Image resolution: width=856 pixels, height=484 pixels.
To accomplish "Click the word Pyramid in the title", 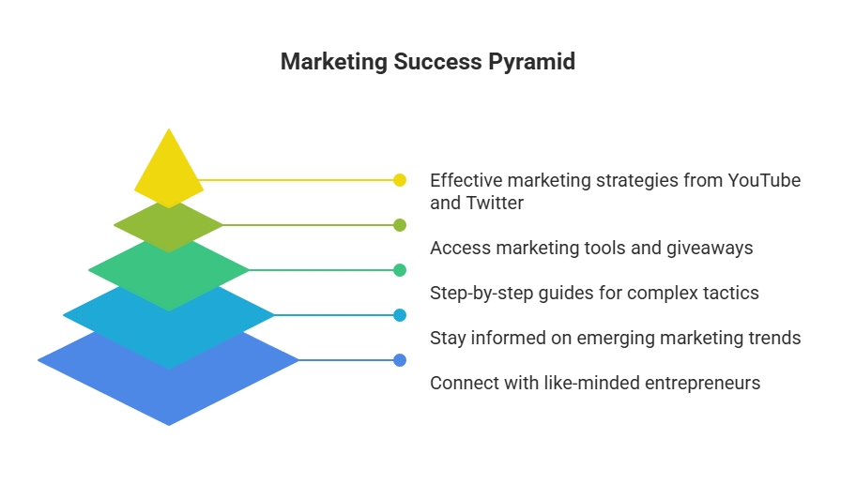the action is (531, 62).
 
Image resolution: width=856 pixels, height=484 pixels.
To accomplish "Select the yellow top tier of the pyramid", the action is (169, 166).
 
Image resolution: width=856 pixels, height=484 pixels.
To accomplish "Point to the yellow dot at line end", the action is (400, 180).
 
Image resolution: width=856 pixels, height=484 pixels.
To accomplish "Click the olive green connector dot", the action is (400, 225).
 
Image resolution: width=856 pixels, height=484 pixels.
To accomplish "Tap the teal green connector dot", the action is (400, 270).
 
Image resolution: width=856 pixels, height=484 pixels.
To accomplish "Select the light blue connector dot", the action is (400, 315).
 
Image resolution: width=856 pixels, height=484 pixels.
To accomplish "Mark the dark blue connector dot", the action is (400, 360).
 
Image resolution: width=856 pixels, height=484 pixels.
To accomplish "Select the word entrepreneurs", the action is (703, 384).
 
